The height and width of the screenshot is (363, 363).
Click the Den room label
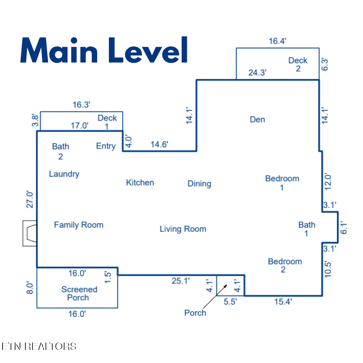(x=257, y=119)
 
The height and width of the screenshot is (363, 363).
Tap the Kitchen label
(x=140, y=183)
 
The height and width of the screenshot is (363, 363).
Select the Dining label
(x=199, y=184)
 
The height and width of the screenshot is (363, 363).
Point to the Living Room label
(x=183, y=229)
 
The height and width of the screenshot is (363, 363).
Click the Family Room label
(x=79, y=225)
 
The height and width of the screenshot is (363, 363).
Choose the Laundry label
(x=64, y=174)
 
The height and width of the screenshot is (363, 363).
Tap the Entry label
(x=106, y=146)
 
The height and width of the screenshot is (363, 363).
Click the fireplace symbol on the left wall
(x=30, y=233)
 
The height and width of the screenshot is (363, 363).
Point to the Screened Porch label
(x=79, y=293)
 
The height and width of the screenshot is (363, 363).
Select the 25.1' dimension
(x=180, y=281)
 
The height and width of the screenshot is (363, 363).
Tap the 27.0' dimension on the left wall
(x=30, y=200)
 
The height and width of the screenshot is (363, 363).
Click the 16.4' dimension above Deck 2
(x=278, y=41)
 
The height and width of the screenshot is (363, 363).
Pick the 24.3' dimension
(x=257, y=73)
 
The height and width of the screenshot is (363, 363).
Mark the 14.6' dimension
(x=159, y=145)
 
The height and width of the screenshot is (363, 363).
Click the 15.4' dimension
(x=283, y=301)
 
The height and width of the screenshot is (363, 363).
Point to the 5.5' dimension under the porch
(x=230, y=301)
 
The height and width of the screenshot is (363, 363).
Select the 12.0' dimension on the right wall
(x=328, y=182)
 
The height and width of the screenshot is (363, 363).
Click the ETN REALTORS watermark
(x=39, y=347)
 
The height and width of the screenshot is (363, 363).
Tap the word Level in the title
(x=148, y=50)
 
